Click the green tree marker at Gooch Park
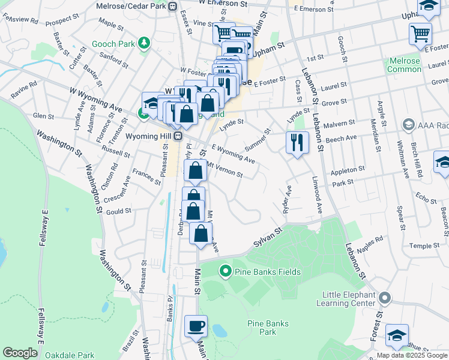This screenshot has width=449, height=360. pyautogui.click(x=143, y=43)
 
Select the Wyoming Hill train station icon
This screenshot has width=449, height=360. pyautogui.click(x=178, y=136)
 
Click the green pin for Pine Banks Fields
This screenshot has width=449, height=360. pyautogui.click(x=226, y=272)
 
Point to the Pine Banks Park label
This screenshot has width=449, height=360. pyautogui.click(x=268, y=328)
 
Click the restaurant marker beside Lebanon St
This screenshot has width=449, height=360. pyautogui.click(x=297, y=143)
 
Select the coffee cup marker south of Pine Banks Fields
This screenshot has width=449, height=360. pyautogui.click(x=196, y=326)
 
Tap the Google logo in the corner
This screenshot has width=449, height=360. pyautogui.click(x=19, y=353)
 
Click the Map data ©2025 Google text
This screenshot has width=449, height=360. pyautogui.click(x=411, y=356)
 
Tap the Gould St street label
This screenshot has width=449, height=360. pyautogui.click(x=118, y=211)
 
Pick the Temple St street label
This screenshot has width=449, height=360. pyautogui.click(x=424, y=245)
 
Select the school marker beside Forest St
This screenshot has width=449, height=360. pyautogui.click(x=397, y=335)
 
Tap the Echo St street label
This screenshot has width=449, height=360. pyautogui.click(x=426, y=197)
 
